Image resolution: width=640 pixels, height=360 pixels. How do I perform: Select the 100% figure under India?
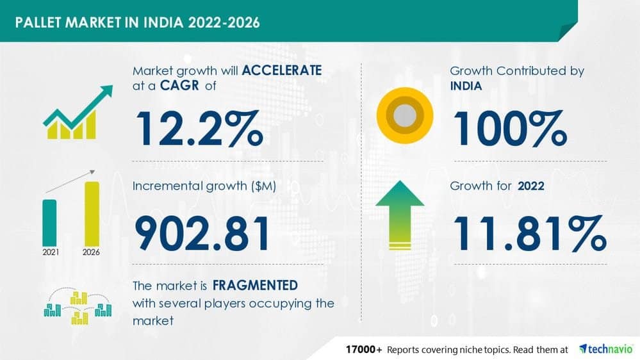(x=510, y=129)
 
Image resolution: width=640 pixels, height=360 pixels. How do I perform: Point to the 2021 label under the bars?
(x=51, y=252)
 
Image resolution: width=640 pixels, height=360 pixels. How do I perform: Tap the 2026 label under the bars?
(x=91, y=252)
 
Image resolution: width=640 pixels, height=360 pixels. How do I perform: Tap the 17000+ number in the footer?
(x=364, y=349)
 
